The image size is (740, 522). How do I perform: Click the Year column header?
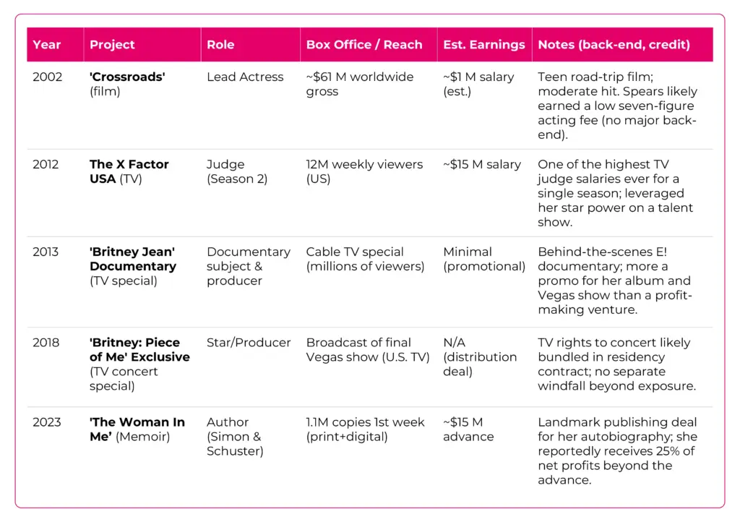pyautogui.click(x=47, y=45)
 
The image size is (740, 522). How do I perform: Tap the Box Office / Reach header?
pyautogui.click(x=363, y=45)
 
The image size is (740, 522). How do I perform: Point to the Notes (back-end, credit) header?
pyautogui.click(x=614, y=45)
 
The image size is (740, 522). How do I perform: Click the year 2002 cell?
pyautogui.click(x=48, y=77)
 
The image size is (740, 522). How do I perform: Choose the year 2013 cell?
pyautogui.click(x=48, y=252)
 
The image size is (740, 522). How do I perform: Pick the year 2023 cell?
pyautogui.click(x=48, y=422)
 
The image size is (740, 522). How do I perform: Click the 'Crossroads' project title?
pyautogui.click(x=127, y=77)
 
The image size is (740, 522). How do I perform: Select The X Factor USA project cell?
pyautogui.click(x=129, y=171)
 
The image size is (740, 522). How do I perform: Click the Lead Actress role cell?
pyautogui.click(x=245, y=77)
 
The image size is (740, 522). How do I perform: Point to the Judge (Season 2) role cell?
pyautogui.click(x=237, y=171)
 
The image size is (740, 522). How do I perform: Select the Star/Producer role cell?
pyautogui.click(x=249, y=343)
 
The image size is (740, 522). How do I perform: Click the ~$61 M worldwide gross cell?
pyautogui.click(x=359, y=84)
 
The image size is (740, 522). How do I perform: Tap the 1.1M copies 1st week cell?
pyautogui.click(x=365, y=429)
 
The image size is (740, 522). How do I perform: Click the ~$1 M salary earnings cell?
pyautogui.click(x=478, y=84)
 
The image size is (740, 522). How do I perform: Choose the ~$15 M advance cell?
pyautogui.click(x=468, y=429)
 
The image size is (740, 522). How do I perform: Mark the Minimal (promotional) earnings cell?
pyautogui.click(x=483, y=259)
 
